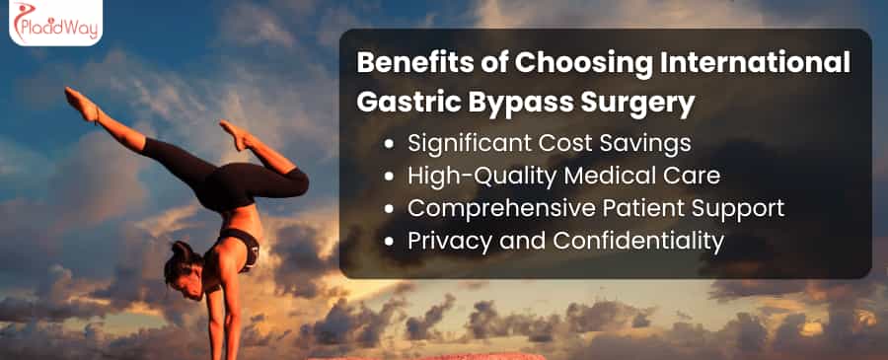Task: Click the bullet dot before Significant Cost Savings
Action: pos(390,143)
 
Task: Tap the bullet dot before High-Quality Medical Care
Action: pos(390,176)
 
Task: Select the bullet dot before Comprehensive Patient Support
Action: pos(390,208)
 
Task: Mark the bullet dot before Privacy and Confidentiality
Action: pos(390,241)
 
